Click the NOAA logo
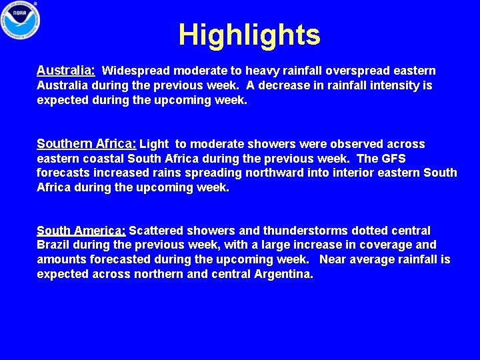click(20, 21)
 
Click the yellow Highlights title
click(249, 35)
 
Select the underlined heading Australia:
click(66, 70)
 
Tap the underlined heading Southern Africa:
click(87, 143)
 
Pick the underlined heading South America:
click(81, 230)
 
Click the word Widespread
click(137, 71)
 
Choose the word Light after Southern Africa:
click(154, 144)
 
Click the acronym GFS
click(393, 159)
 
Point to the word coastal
click(104, 159)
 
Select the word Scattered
click(156, 231)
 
